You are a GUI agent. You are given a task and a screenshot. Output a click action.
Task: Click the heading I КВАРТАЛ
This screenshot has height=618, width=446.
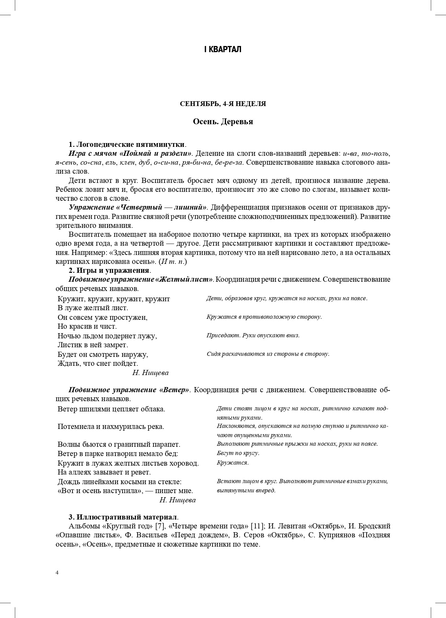(x=223, y=49)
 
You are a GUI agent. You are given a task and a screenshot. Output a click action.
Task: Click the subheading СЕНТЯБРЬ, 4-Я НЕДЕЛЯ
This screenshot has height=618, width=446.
(x=223, y=104)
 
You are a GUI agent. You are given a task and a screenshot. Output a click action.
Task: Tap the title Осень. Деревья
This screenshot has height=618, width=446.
(x=223, y=121)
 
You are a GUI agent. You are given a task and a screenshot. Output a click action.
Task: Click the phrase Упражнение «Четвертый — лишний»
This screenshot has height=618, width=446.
(x=138, y=207)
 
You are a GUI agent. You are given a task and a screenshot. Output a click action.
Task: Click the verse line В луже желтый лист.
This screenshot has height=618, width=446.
(x=93, y=308)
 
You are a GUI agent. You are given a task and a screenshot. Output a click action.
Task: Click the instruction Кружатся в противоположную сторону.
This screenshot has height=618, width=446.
(x=264, y=317)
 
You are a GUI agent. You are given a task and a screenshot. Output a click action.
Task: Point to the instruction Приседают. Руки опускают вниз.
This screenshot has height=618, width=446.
(x=253, y=335)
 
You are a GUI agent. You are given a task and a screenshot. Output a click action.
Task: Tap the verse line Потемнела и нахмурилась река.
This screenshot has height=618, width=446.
(x=111, y=427)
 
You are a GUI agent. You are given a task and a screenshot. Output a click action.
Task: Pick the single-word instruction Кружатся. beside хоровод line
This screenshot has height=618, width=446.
(x=232, y=463)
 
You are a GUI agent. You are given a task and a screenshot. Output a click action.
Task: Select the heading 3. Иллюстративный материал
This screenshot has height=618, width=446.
(x=123, y=517)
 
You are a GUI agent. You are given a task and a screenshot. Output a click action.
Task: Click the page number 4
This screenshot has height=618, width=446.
(x=57, y=572)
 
